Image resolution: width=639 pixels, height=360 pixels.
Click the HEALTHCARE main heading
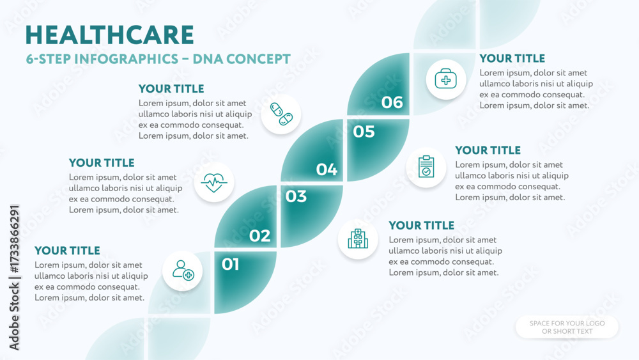pos(110,35)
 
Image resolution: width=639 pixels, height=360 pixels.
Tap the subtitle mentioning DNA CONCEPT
pos(158,59)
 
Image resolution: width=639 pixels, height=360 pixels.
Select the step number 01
pos(230,264)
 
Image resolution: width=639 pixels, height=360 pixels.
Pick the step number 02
pos(259,235)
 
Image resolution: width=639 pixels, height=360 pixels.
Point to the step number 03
pos(296,196)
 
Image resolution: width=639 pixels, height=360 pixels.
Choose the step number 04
pos(327,169)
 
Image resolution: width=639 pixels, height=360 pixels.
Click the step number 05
pos(364,131)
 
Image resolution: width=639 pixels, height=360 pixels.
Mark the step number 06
pos(392,102)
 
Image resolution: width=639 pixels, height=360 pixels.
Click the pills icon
pos(281,114)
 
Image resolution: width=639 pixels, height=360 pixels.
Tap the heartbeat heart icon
pos(214,182)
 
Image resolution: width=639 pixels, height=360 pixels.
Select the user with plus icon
pos(183,270)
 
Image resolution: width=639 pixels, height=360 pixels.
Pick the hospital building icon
pos(358,239)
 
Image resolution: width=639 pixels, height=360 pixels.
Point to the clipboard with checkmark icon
pos(426,167)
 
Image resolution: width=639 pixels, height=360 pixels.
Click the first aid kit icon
pos(446,79)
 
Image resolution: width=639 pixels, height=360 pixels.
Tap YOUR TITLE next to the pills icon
pos(171,88)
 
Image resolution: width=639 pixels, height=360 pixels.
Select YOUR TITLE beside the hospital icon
pos(421,226)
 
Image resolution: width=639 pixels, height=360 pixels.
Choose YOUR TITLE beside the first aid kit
pos(512,58)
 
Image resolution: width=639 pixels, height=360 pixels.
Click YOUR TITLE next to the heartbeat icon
pos(102,162)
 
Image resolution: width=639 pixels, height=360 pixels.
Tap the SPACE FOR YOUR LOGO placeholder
pos(567,327)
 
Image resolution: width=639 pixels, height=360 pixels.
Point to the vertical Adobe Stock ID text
pos(14,278)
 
